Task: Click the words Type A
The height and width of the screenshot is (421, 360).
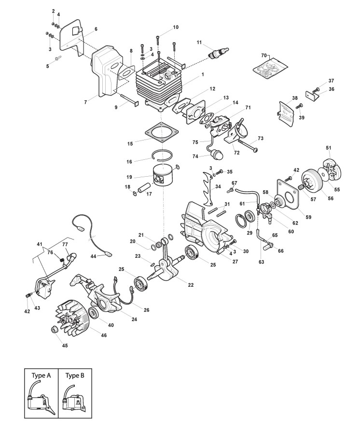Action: tap(41, 375)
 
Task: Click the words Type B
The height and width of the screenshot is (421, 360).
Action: tap(75, 375)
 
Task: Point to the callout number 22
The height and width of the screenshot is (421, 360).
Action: tap(191, 285)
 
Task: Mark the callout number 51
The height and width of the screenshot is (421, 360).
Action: tap(329, 148)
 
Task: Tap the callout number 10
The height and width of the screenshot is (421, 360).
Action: tap(176, 27)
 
